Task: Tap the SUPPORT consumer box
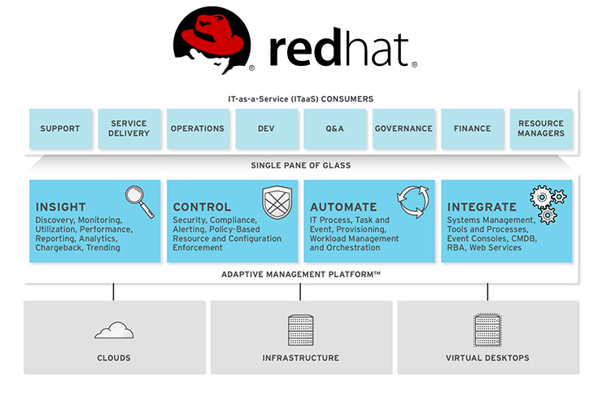click(60, 129)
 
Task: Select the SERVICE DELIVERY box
click(129, 129)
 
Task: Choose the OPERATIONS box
click(197, 129)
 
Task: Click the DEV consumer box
click(266, 129)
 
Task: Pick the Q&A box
click(334, 129)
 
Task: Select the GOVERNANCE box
click(404, 129)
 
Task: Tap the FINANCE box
click(472, 129)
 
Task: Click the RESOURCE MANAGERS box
click(541, 129)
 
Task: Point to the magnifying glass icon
click(139, 201)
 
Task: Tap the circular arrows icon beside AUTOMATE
click(412, 203)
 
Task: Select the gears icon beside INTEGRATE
click(547, 203)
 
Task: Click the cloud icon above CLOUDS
click(114, 329)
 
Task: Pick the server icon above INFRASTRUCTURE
click(300, 329)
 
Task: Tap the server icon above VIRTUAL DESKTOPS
click(486, 329)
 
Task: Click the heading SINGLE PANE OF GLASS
click(300, 165)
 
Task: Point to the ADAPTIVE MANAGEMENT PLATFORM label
click(301, 275)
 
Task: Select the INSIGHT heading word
click(60, 207)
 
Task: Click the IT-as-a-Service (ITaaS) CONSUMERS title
click(300, 98)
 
